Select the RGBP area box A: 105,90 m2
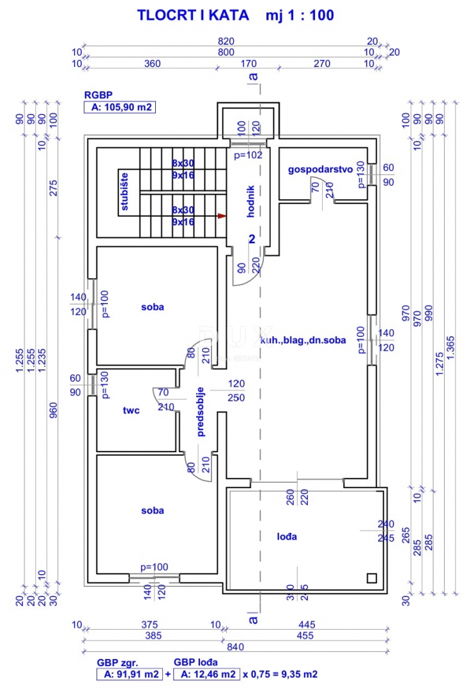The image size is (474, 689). (x=119, y=108)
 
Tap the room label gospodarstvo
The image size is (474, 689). (x=321, y=169)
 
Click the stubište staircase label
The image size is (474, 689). (x=124, y=191)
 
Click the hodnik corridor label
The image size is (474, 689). (x=251, y=202)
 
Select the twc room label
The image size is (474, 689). (x=132, y=410)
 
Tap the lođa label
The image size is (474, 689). (x=287, y=537)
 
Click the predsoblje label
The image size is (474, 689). (x=201, y=411)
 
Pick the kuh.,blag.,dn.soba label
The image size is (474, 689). (x=302, y=340)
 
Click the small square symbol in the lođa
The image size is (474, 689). (x=372, y=578)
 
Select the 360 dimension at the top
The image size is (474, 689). (x=151, y=64)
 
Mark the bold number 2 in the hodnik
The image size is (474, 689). (x=252, y=239)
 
